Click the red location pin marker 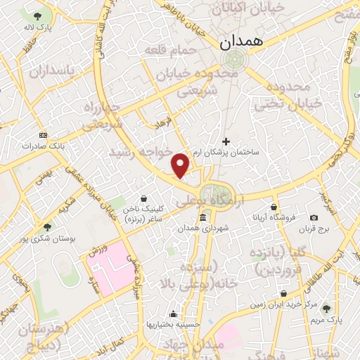[181, 165]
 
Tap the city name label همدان [240, 41]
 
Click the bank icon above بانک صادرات [43, 135]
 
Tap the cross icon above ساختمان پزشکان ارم [226, 141]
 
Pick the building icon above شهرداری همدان [202, 217]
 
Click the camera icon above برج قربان [314, 218]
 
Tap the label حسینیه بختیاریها [173, 324]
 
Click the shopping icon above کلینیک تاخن [143, 199]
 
